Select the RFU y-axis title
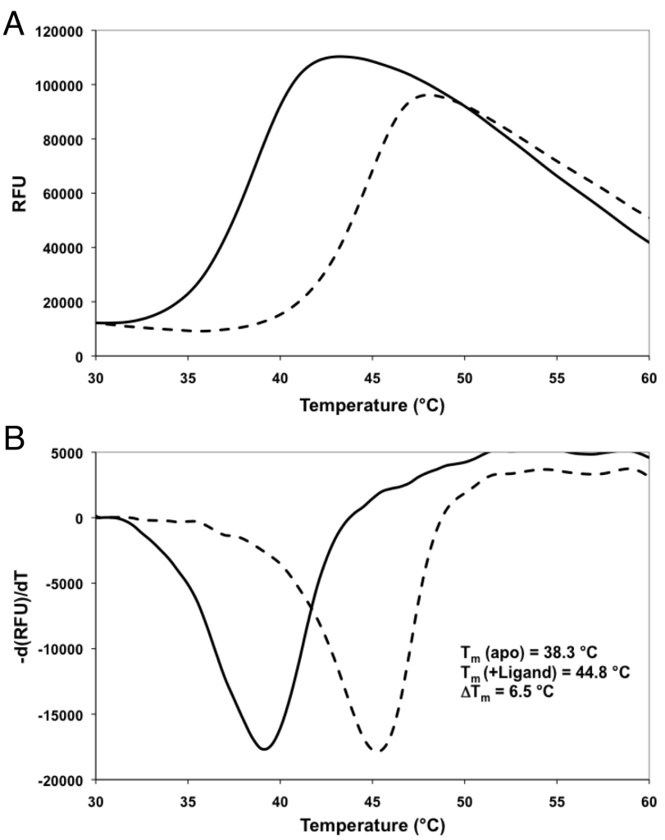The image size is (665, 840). point(19,194)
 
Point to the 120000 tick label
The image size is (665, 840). point(65,31)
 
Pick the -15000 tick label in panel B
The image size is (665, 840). point(65,714)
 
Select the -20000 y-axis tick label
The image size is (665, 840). point(65,779)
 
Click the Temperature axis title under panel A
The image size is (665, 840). point(372,406)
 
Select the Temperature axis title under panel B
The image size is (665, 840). point(372,827)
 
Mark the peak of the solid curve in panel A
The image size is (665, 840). point(339,57)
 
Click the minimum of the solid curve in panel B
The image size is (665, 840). point(264,748)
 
